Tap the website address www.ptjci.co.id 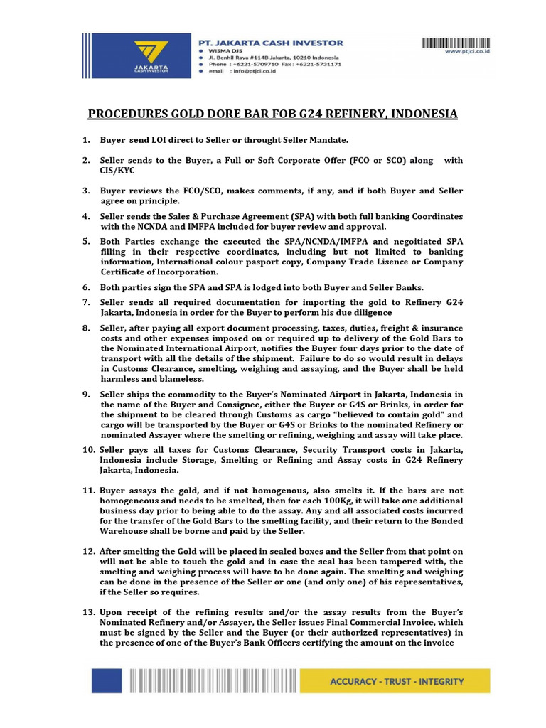click(469, 51)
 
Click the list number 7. click(87, 303)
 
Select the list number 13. click(88, 612)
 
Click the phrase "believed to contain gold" click(384, 414)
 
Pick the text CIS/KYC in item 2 click(117, 171)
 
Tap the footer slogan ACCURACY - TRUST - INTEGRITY click(397, 681)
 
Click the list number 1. click(87, 140)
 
